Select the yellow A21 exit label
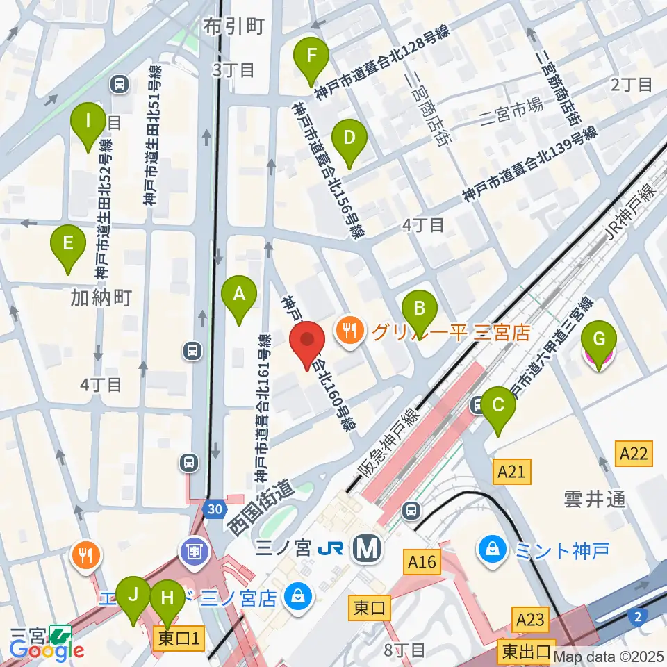pos(511,472)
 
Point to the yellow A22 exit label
pos(633,454)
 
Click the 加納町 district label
pos(101,298)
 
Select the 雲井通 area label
pos(595,499)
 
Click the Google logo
pos(47,651)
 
